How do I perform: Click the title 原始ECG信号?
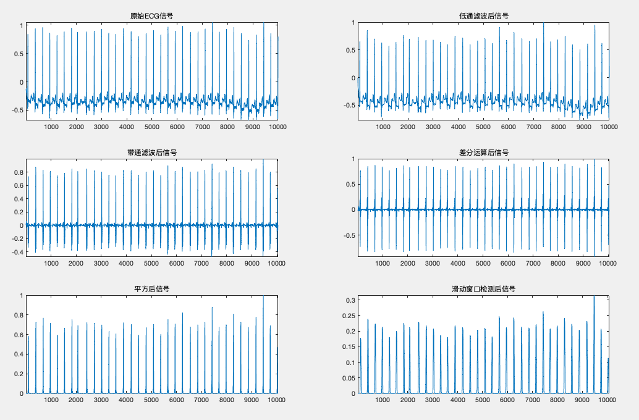[151, 15]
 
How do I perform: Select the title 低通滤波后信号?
[483, 15]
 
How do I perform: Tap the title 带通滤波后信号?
[151, 152]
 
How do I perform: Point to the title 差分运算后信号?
[483, 152]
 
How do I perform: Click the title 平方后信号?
[151, 288]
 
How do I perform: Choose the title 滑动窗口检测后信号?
[483, 288]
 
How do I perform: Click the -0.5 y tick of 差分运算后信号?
[348, 235]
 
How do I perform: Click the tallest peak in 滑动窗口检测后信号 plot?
[594, 297]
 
